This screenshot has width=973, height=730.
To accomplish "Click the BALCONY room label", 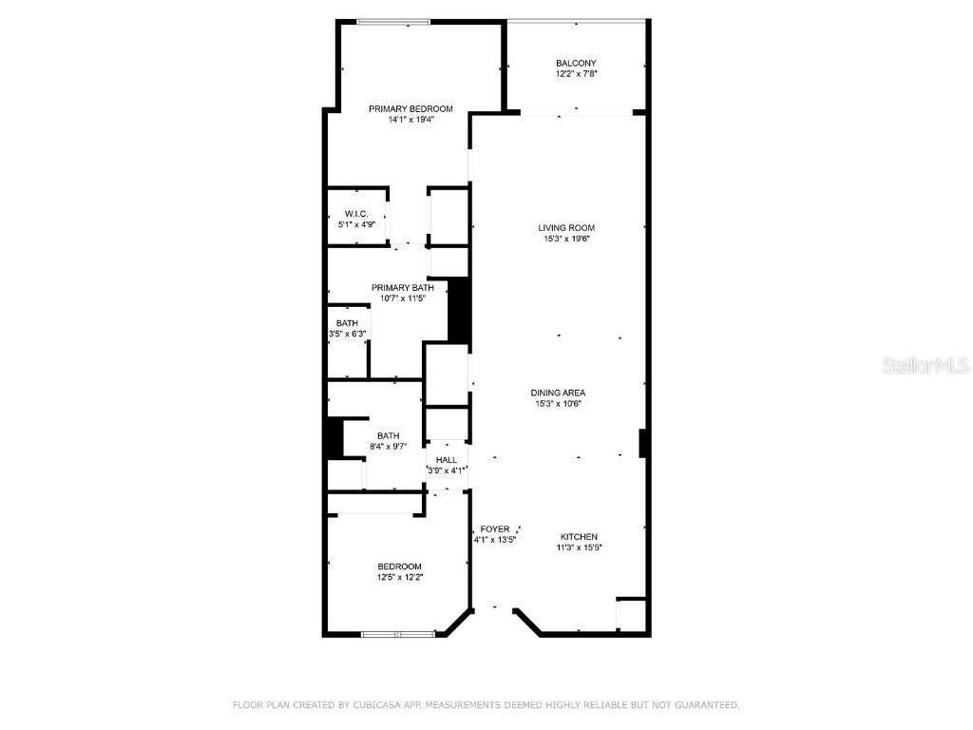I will point(576,63).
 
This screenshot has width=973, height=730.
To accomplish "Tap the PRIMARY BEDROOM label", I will point(410,108).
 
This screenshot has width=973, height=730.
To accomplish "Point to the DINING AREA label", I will point(558,393).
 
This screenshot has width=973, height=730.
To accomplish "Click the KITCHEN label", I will point(579,537).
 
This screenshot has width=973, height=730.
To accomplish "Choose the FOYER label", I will point(494,528).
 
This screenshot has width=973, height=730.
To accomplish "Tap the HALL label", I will point(447,460).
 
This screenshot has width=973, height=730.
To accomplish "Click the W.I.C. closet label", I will point(356,214).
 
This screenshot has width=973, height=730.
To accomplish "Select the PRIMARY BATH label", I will point(402,287).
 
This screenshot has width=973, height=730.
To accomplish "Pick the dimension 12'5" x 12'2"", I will point(399,577).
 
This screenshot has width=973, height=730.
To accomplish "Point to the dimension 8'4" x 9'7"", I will point(388,448).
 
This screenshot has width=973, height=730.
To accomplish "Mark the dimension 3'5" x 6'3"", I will point(348,334).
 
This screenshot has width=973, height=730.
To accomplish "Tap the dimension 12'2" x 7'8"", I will point(576,73).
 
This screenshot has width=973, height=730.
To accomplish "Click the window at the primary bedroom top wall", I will point(392,21).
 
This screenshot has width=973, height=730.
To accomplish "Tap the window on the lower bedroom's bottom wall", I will point(397,634).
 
